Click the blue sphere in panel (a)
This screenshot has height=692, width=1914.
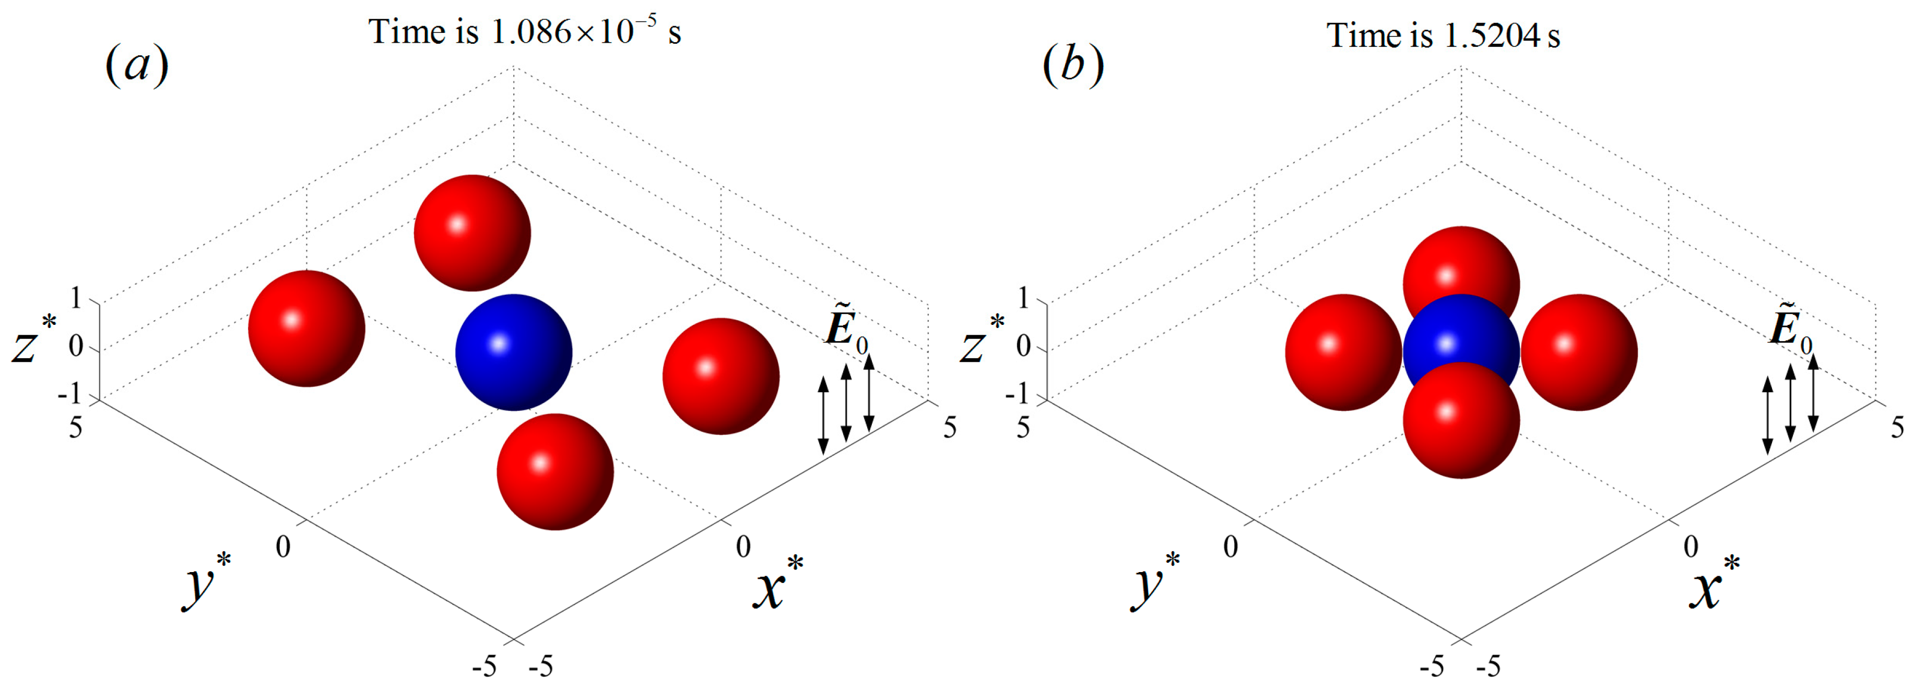513,353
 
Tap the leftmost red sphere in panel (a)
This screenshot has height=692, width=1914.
306,328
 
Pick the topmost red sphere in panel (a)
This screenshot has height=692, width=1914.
472,233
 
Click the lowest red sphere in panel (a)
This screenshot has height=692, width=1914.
555,471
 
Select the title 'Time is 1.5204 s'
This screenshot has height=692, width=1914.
1443,35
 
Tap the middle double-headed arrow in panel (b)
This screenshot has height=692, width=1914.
1791,403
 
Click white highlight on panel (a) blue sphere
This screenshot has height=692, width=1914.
499,343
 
